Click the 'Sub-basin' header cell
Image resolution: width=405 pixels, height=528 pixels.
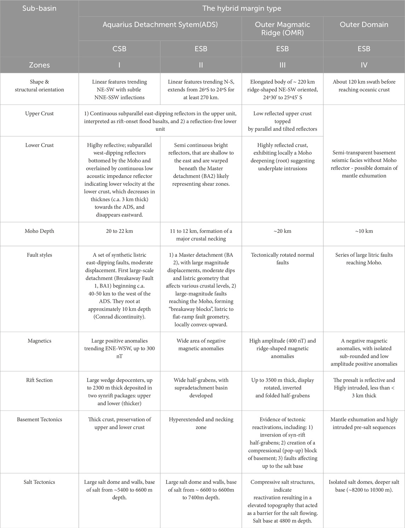point(39,8)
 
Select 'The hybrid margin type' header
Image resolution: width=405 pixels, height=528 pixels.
point(242,8)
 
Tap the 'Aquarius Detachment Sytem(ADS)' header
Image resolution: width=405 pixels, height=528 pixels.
point(160,25)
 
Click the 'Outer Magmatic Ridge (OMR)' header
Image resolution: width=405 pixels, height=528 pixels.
point(282,28)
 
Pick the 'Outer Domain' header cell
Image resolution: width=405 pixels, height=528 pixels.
point(364,25)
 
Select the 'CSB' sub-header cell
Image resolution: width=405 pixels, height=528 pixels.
point(119,49)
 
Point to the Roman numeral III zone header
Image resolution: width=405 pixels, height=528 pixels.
point(282,65)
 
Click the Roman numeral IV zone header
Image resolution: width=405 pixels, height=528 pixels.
point(364,65)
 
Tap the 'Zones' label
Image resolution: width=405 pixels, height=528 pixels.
point(39,65)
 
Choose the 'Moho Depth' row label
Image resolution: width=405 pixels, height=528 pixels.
point(39,231)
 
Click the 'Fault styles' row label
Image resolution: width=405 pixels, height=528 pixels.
point(39,255)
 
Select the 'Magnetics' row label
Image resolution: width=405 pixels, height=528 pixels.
point(39,341)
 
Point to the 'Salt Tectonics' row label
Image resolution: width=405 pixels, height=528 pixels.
point(39,482)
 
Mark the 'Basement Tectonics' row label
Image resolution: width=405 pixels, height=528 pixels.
point(39,420)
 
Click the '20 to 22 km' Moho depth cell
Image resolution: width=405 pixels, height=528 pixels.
point(119,231)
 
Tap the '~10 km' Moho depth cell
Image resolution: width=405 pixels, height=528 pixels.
point(364,231)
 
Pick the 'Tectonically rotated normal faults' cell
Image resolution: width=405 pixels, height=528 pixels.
point(282,259)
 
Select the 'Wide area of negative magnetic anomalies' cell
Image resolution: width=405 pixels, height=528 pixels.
point(201,345)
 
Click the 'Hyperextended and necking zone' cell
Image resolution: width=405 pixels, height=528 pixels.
point(201,423)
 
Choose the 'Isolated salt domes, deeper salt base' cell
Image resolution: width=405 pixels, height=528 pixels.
point(364,486)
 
